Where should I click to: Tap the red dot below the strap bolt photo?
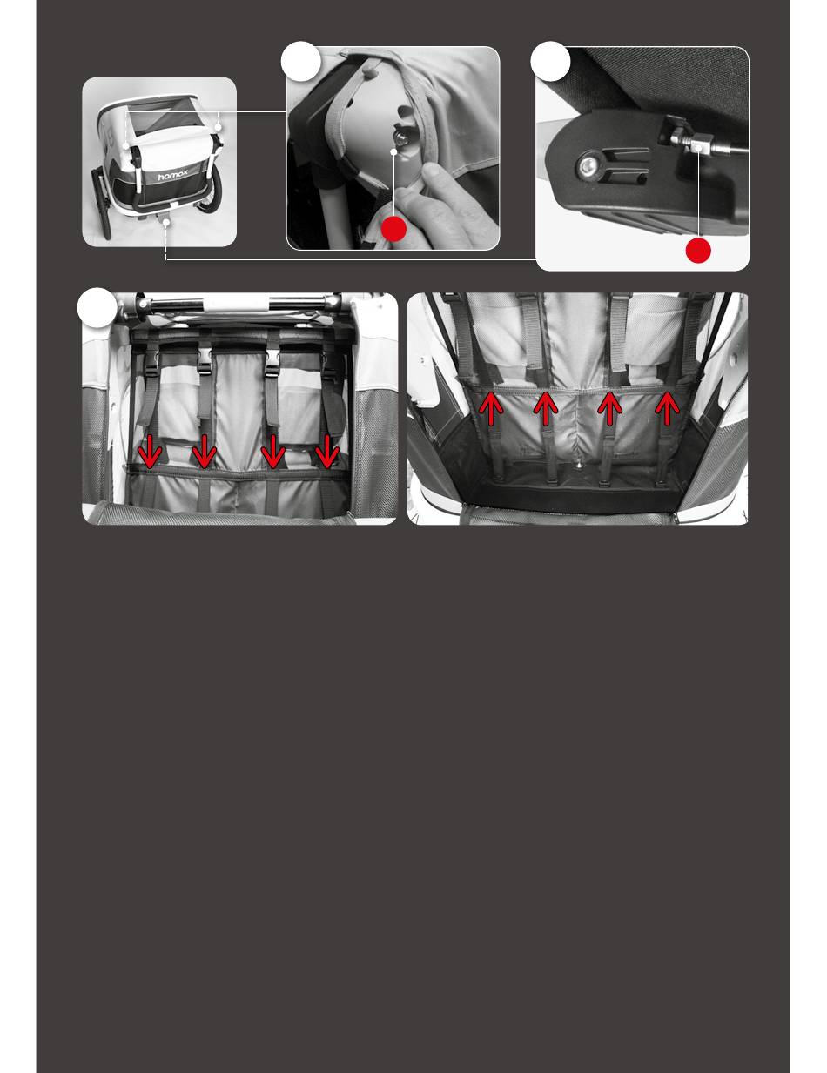click(393, 229)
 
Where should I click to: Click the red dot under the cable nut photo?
click(697, 251)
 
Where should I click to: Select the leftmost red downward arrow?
click(150, 451)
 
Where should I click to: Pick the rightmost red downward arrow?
click(326, 451)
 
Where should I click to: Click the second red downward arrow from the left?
click(204, 451)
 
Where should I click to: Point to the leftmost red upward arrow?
click(491, 408)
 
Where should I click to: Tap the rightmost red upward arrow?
click(667, 408)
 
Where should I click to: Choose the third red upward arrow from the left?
click(609, 408)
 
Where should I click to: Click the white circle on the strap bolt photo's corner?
click(300, 61)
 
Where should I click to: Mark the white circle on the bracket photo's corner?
click(550, 61)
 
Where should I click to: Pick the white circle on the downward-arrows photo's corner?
click(97, 307)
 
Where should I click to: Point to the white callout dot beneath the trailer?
click(166, 223)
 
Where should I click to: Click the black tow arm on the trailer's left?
click(102, 202)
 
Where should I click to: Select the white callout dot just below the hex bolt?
click(393, 152)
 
